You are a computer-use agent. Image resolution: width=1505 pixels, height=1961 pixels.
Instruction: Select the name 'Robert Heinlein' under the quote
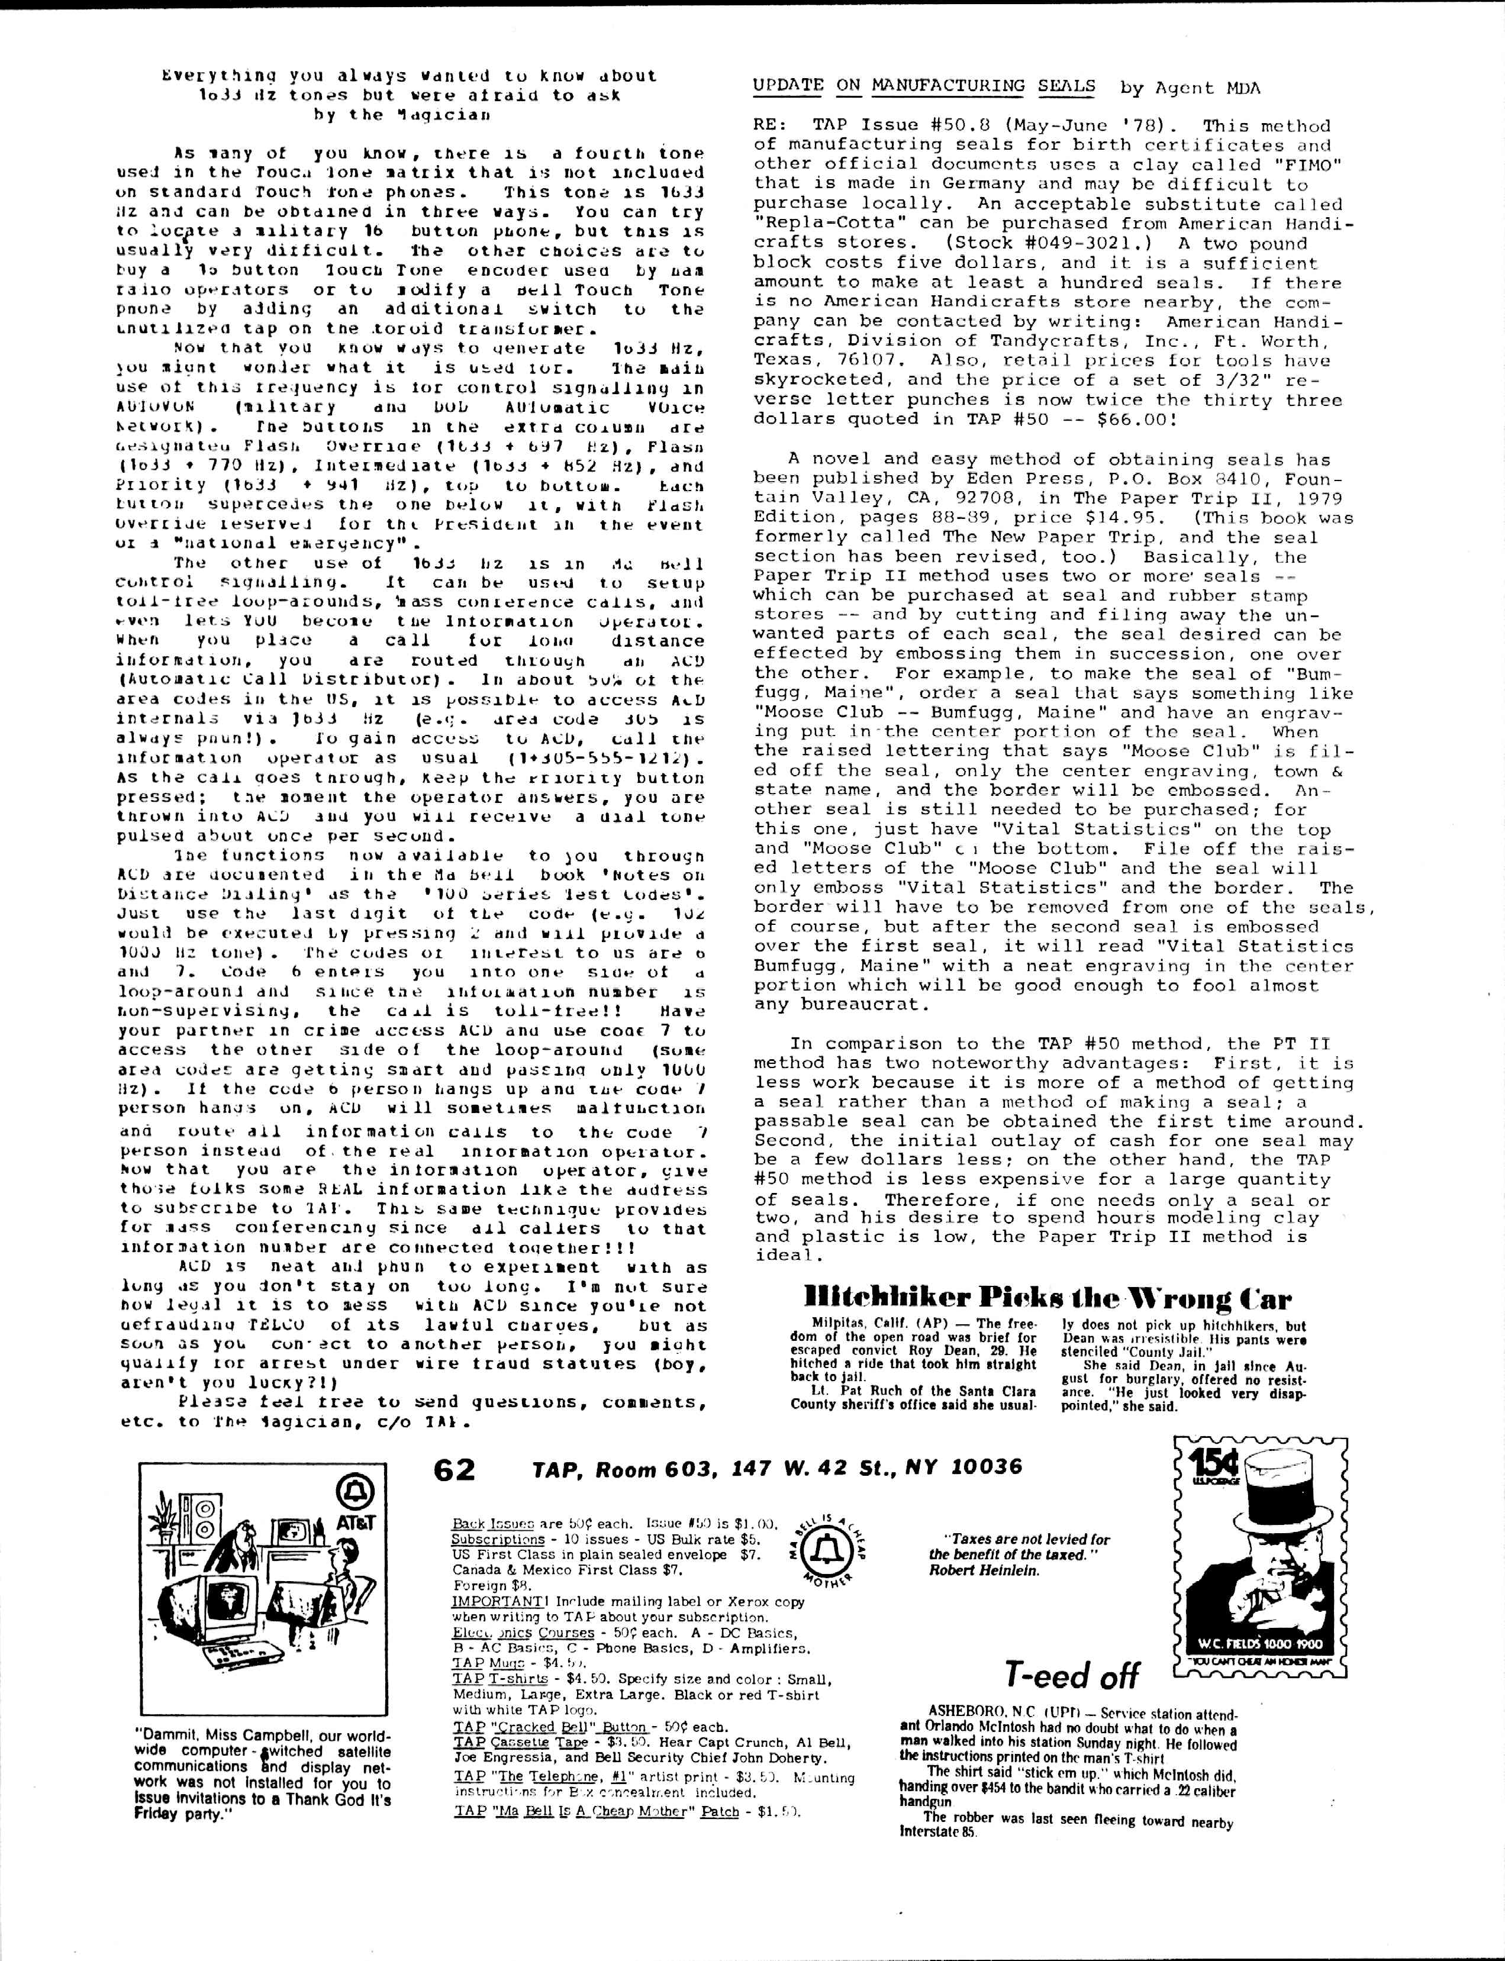pyautogui.click(x=984, y=1570)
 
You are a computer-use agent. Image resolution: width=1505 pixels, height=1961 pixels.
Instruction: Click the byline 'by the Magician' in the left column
pyautogui.click(x=401, y=115)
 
